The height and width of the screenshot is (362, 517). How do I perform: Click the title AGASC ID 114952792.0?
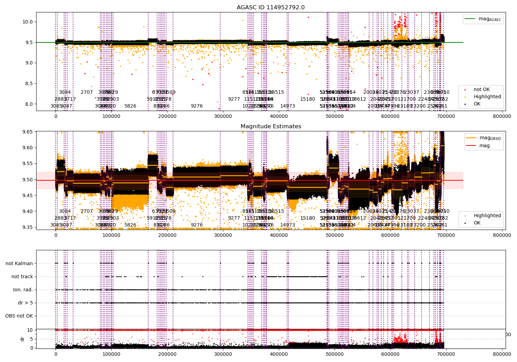[x=271, y=8]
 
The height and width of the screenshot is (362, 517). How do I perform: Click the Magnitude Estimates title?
[x=271, y=127]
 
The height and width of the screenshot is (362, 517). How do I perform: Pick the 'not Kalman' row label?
[x=19, y=263]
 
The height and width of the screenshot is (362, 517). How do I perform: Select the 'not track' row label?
[x=22, y=276]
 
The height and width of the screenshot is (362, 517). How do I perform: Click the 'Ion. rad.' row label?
[x=23, y=290]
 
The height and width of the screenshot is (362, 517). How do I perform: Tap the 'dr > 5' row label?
[x=26, y=303]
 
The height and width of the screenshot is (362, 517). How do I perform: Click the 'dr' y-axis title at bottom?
[x=22, y=339]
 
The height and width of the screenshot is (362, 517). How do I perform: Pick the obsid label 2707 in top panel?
[x=87, y=92]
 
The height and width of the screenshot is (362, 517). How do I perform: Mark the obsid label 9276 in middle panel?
[x=197, y=225]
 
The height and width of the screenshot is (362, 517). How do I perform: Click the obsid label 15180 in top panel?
[x=307, y=99]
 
